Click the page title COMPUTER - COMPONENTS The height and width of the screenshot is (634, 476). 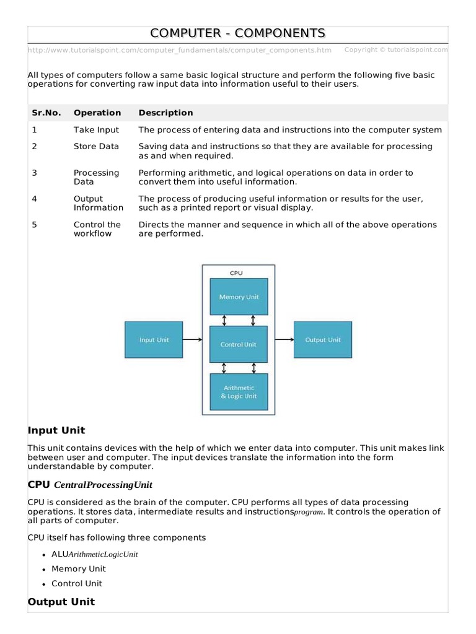(x=238, y=33)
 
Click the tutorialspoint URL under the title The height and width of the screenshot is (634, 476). (x=180, y=50)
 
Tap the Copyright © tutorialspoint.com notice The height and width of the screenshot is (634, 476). (x=396, y=50)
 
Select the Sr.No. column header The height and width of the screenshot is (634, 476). (x=46, y=113)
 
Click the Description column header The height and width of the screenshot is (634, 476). (x=165, y=113)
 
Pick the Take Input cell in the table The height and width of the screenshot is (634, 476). (x=96, y=130)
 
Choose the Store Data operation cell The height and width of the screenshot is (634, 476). (x=96, y=147)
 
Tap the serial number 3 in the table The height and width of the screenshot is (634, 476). (x=35, y=173)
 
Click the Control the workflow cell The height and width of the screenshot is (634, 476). (x=97, y=229)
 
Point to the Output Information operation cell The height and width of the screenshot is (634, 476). (x=98, y=203)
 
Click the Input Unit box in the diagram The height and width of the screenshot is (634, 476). (x=154, y=339)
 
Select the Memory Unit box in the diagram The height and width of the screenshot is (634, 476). (x=239, y=297)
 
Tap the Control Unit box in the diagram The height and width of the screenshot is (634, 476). (x=239, y=344)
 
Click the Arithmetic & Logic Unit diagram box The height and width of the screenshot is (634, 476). (x=239, y=392)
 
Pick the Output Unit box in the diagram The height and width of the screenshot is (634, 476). (x=323, y=339)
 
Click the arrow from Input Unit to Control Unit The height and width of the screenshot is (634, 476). (x=193, y=339)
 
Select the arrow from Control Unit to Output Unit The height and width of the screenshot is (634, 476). (x=284, y=339)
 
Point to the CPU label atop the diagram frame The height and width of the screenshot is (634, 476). (x=236, y=272)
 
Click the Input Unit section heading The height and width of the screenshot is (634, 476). (x=56, y=430)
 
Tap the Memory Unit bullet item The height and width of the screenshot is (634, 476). (x=79, y=569)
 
